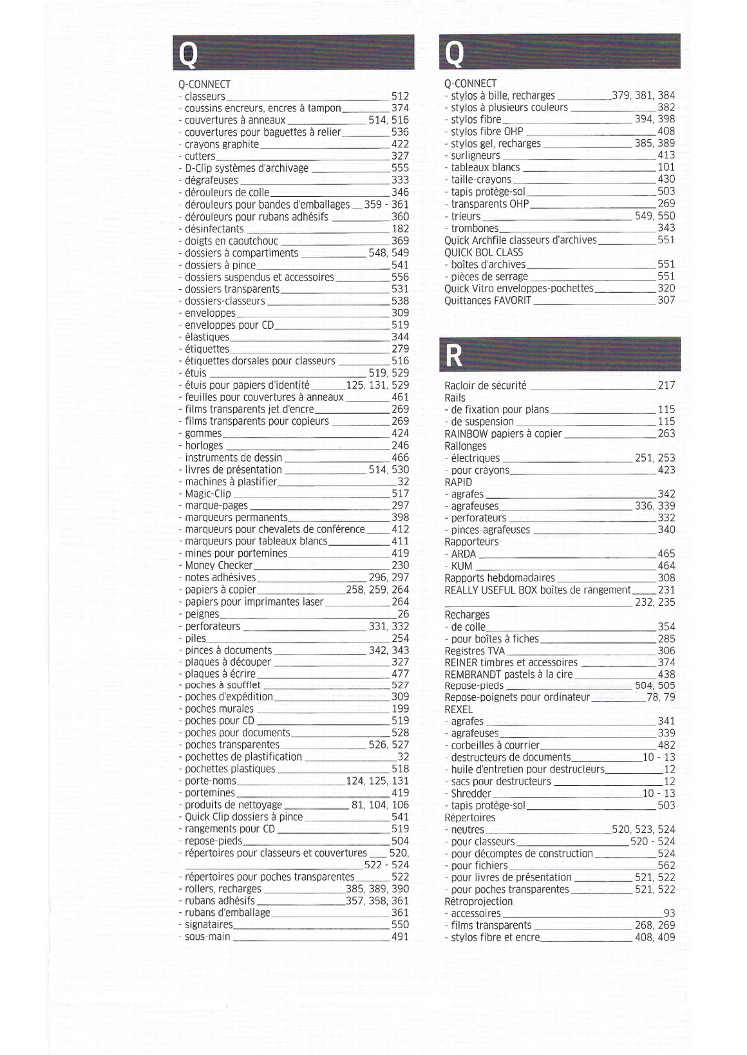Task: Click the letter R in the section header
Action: tap(455, 355)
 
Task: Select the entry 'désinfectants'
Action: tap(214, 229)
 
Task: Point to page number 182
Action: tap(400, 229)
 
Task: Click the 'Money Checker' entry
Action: tap(218, 566)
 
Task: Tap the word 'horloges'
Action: tap(203, 445)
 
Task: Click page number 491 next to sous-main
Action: tap(400, 937)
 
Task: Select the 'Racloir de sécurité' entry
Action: tap(485, 386)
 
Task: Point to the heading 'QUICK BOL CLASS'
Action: tap(484, 252)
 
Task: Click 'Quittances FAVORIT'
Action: tap(487, 301)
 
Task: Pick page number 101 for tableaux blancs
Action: tap(666, 167)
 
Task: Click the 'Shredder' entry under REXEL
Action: tap(471, 794)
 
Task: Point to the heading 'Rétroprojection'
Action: tap(478, 901)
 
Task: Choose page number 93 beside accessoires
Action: tap(669, 913)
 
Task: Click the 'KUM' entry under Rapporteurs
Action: tap(461, 566)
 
